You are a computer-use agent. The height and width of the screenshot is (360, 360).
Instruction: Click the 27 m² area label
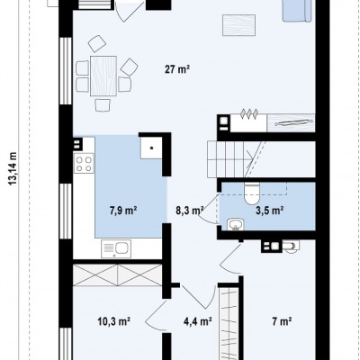pyautogui.click(x=177, y=69)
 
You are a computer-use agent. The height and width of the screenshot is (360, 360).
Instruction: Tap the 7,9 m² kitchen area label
pyautogui.click(x=123, y=211)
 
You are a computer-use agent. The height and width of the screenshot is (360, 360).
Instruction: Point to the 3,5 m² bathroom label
pyautogui.click(x=270, y=211)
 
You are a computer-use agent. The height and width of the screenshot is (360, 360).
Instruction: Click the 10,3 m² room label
pyautogui.click(x=114, y=321)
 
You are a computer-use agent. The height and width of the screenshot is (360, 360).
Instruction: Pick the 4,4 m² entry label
pyautogui.click(x=198, y=321)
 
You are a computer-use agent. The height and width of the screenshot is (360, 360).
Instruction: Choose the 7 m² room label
pyautogui.click(x=283, y=321)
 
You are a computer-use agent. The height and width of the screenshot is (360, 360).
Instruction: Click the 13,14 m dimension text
pyautogui.click(x=13, y=168)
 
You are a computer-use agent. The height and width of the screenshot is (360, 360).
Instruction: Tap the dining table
pyautogui.click(x=103, y=76)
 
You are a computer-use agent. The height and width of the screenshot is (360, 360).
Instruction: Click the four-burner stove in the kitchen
pyautogui.click(x=84, y=163)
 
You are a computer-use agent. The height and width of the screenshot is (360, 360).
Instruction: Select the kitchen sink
pyautogui.click(x=116, y=248)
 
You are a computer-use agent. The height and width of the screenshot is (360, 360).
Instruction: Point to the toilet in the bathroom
pyautogui.click(x=251, y=193)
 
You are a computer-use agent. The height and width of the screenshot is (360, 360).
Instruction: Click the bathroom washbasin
pyautogui.click(x=236, y=224)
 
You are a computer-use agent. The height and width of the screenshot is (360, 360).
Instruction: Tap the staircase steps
pyautogui.click(x=226, y=159)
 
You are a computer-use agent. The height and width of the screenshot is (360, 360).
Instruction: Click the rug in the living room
pyautogui.click(x=239, y=25)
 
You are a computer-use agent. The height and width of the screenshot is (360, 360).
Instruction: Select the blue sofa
pyautogui.click(x=297, y=11)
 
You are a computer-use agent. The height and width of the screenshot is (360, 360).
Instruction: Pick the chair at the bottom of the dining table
pyautogui.click(x=103, y=105)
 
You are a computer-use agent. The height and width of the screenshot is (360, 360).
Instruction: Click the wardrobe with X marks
pyautogui.click(x=118, y=274)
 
